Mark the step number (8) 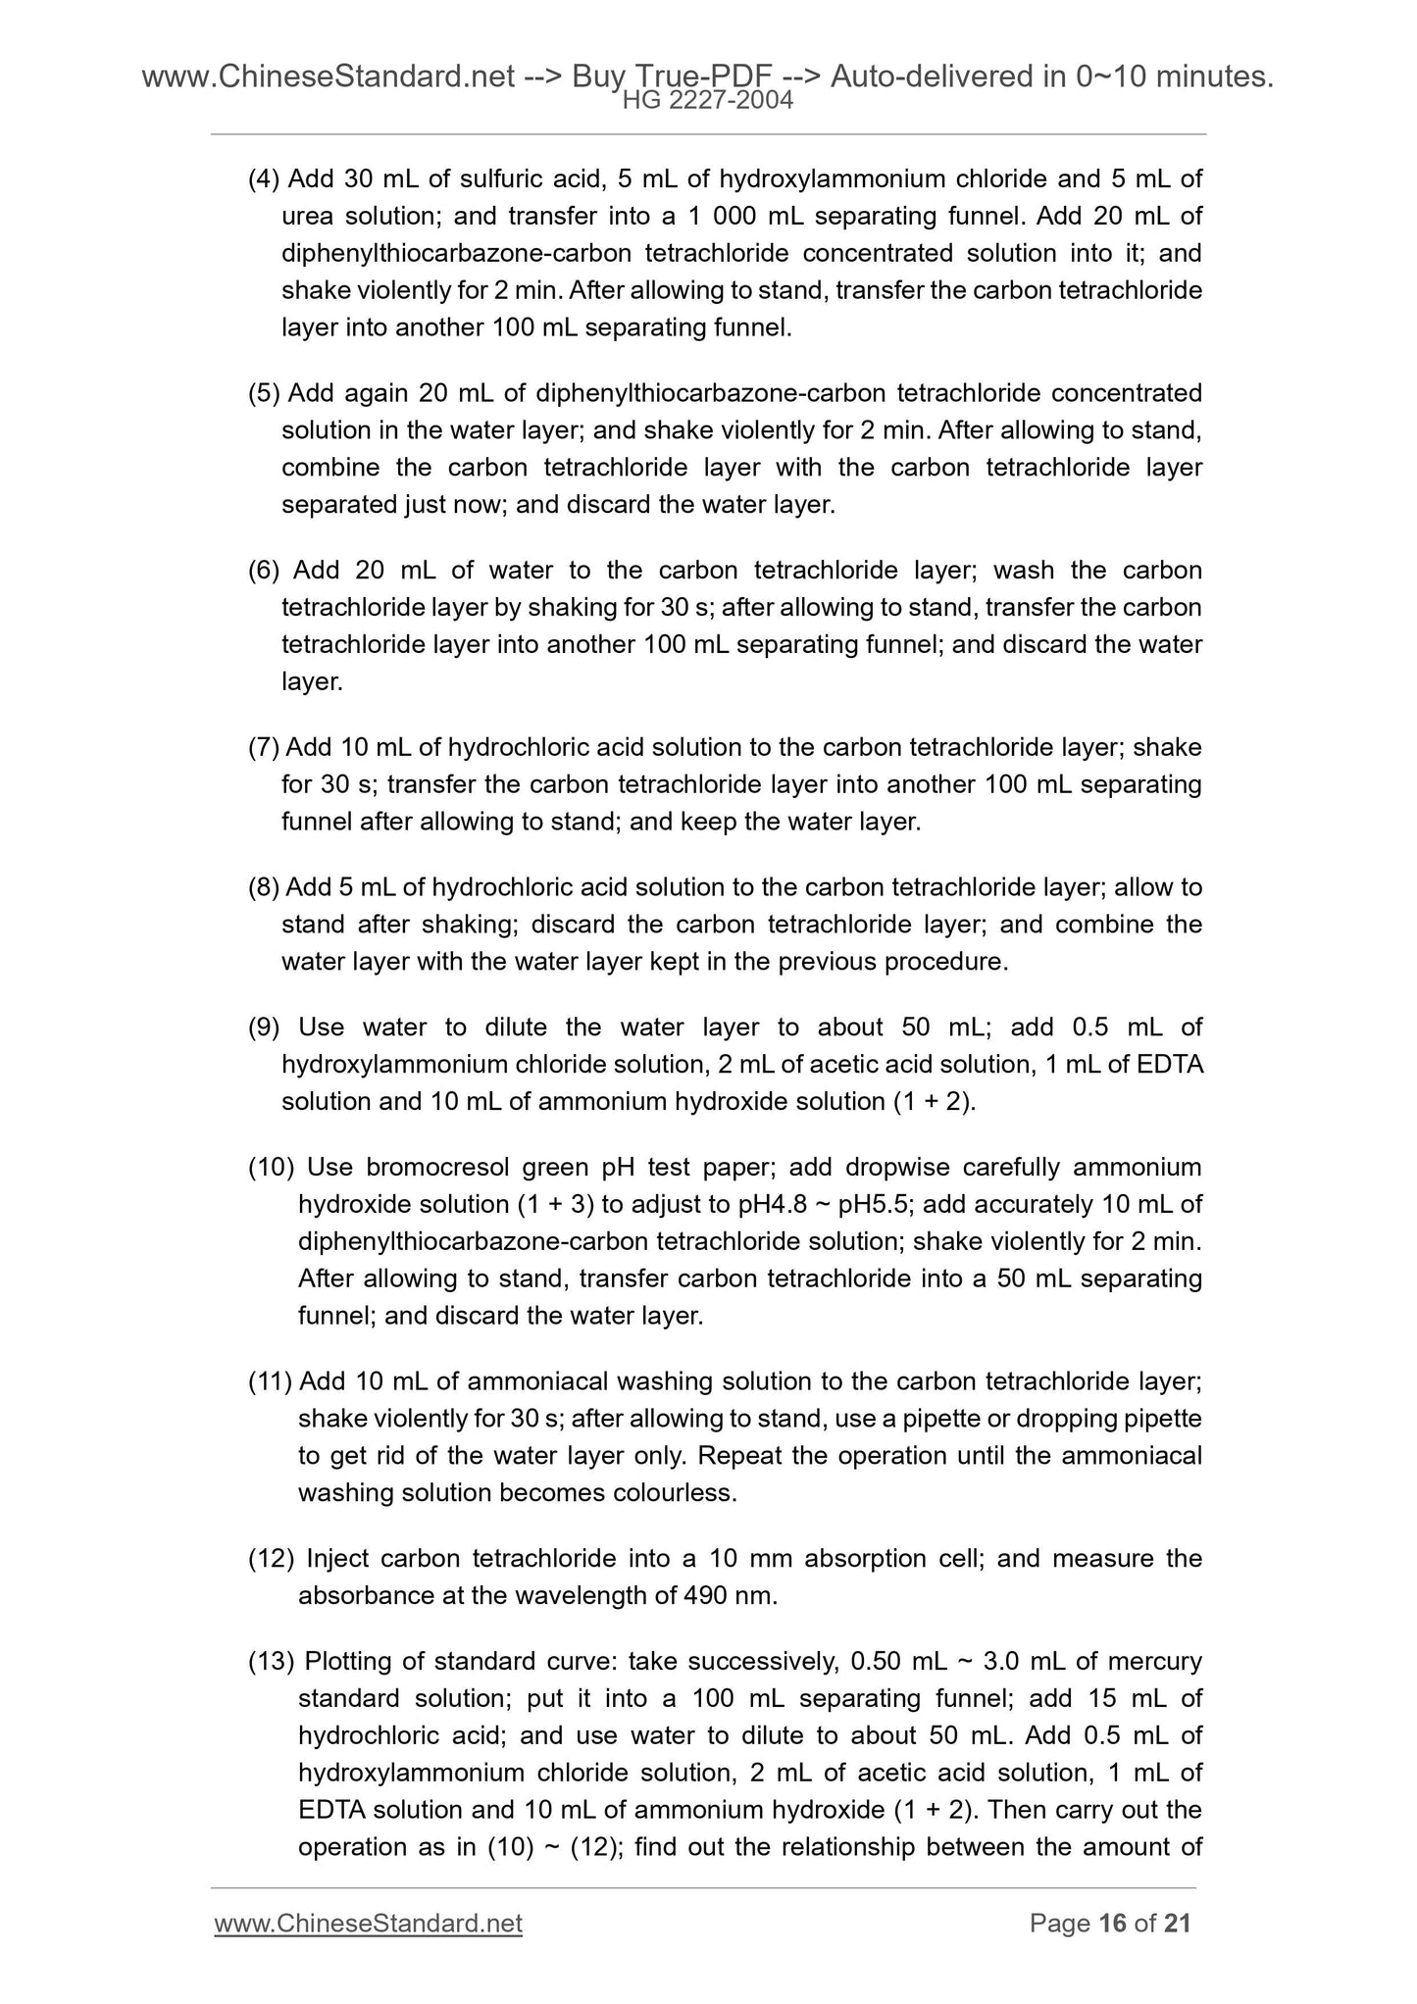[x=264, y=887]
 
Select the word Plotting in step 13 [x=349, y=1662]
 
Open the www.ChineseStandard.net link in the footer [x=368, y=1924]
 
